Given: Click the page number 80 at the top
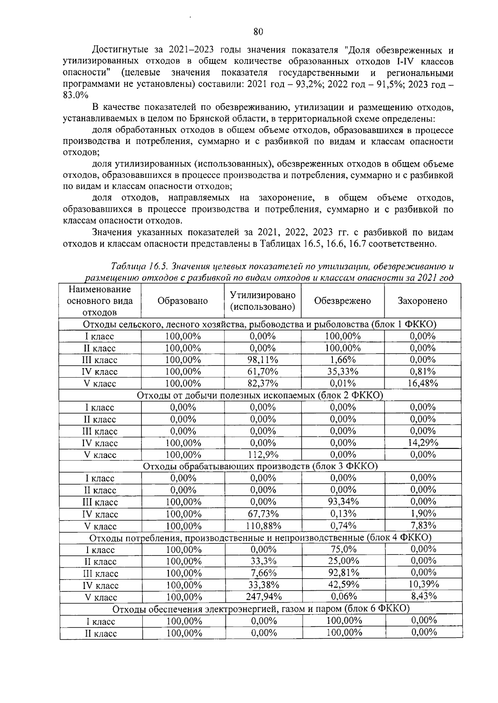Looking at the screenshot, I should tap(258, 32).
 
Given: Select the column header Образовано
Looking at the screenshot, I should tap(183, 301).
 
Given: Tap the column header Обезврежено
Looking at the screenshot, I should tap(342, 301).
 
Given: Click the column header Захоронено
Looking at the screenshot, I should tap(422, 301).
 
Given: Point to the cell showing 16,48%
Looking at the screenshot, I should tap(422, 383).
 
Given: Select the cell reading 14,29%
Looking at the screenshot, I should tap(422, 443).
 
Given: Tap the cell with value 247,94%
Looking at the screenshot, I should tap(263, 597).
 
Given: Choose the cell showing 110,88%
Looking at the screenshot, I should tap(263, 526).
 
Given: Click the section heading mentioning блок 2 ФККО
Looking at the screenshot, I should tap(260, 395).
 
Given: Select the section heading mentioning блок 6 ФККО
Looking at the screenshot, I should tap(261, 609).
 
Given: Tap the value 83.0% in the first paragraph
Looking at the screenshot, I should tap(75, 95).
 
